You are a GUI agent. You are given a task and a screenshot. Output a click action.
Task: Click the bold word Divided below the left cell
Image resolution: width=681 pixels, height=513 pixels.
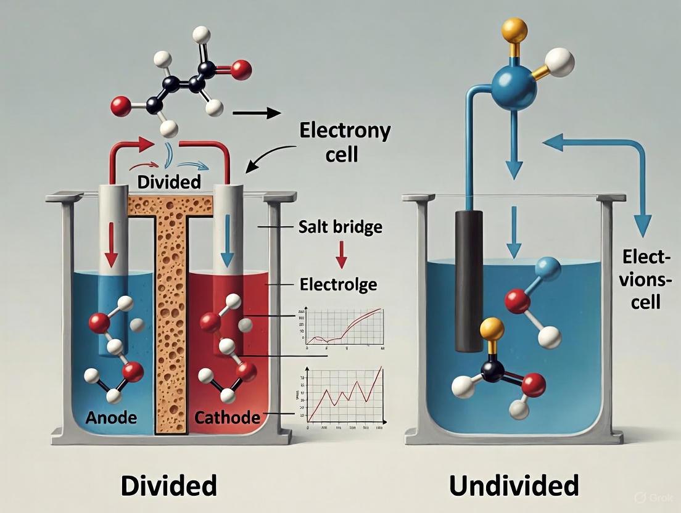coord(168,485)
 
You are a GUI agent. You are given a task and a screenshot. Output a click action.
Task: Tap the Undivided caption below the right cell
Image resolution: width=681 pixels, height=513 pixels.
coord(514,485)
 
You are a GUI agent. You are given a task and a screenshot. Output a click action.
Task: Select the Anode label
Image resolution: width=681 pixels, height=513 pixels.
coord(110,417)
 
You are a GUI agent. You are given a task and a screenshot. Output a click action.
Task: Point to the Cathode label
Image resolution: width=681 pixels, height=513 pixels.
coord(227,417)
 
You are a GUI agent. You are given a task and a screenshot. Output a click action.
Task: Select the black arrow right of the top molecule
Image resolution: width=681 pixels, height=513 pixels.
coord(257,113)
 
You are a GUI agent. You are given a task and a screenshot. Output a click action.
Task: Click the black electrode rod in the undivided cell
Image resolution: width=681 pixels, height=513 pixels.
coord(469,281)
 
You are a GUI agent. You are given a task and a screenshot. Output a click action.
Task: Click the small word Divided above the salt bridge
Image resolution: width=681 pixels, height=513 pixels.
coord(170,183)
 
